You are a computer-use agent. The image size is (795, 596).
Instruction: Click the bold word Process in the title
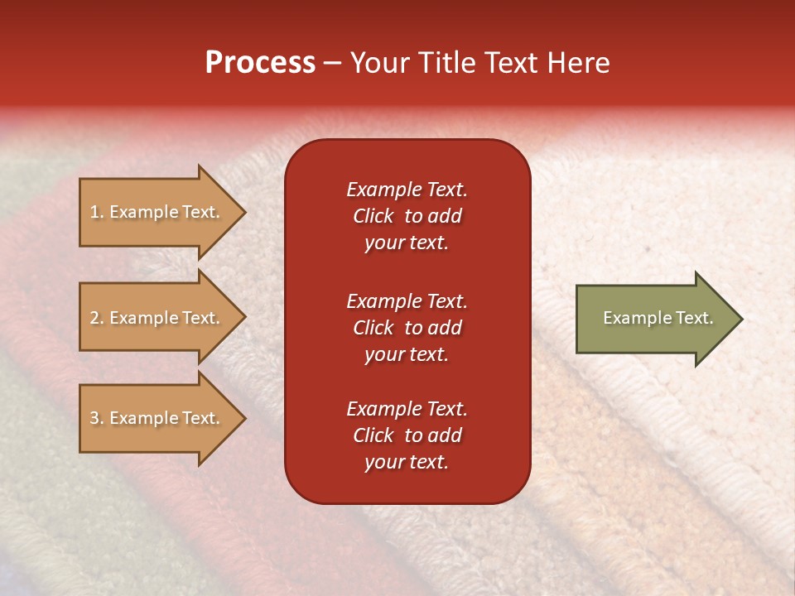pyautogui.click(x=260, y=63)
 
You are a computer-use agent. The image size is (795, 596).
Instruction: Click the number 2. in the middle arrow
pyautogui.click(x=97, y=318)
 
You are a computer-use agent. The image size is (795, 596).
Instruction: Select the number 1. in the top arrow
pyautogui.click(x=97, y=212)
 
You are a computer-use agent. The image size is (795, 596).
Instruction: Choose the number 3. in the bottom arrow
pyautogui.click(x=97, y=418)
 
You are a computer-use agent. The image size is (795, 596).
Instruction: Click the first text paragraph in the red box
pyautogui.click(x=407, y=216)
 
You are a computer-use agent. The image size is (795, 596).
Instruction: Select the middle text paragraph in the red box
pyautogui.click(x=407, y=328)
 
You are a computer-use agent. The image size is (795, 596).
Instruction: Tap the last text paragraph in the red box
pyautogui.click(x=407, y=435)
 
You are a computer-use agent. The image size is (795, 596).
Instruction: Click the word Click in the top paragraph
pyautogui.click(x=373, y=216)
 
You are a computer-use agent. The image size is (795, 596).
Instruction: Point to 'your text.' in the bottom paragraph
pyautogui.click(x=407, y=463)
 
